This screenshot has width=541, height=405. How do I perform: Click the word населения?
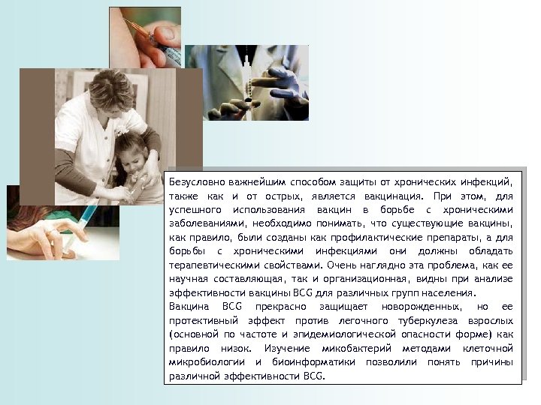450,292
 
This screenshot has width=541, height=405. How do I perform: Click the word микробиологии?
204,363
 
